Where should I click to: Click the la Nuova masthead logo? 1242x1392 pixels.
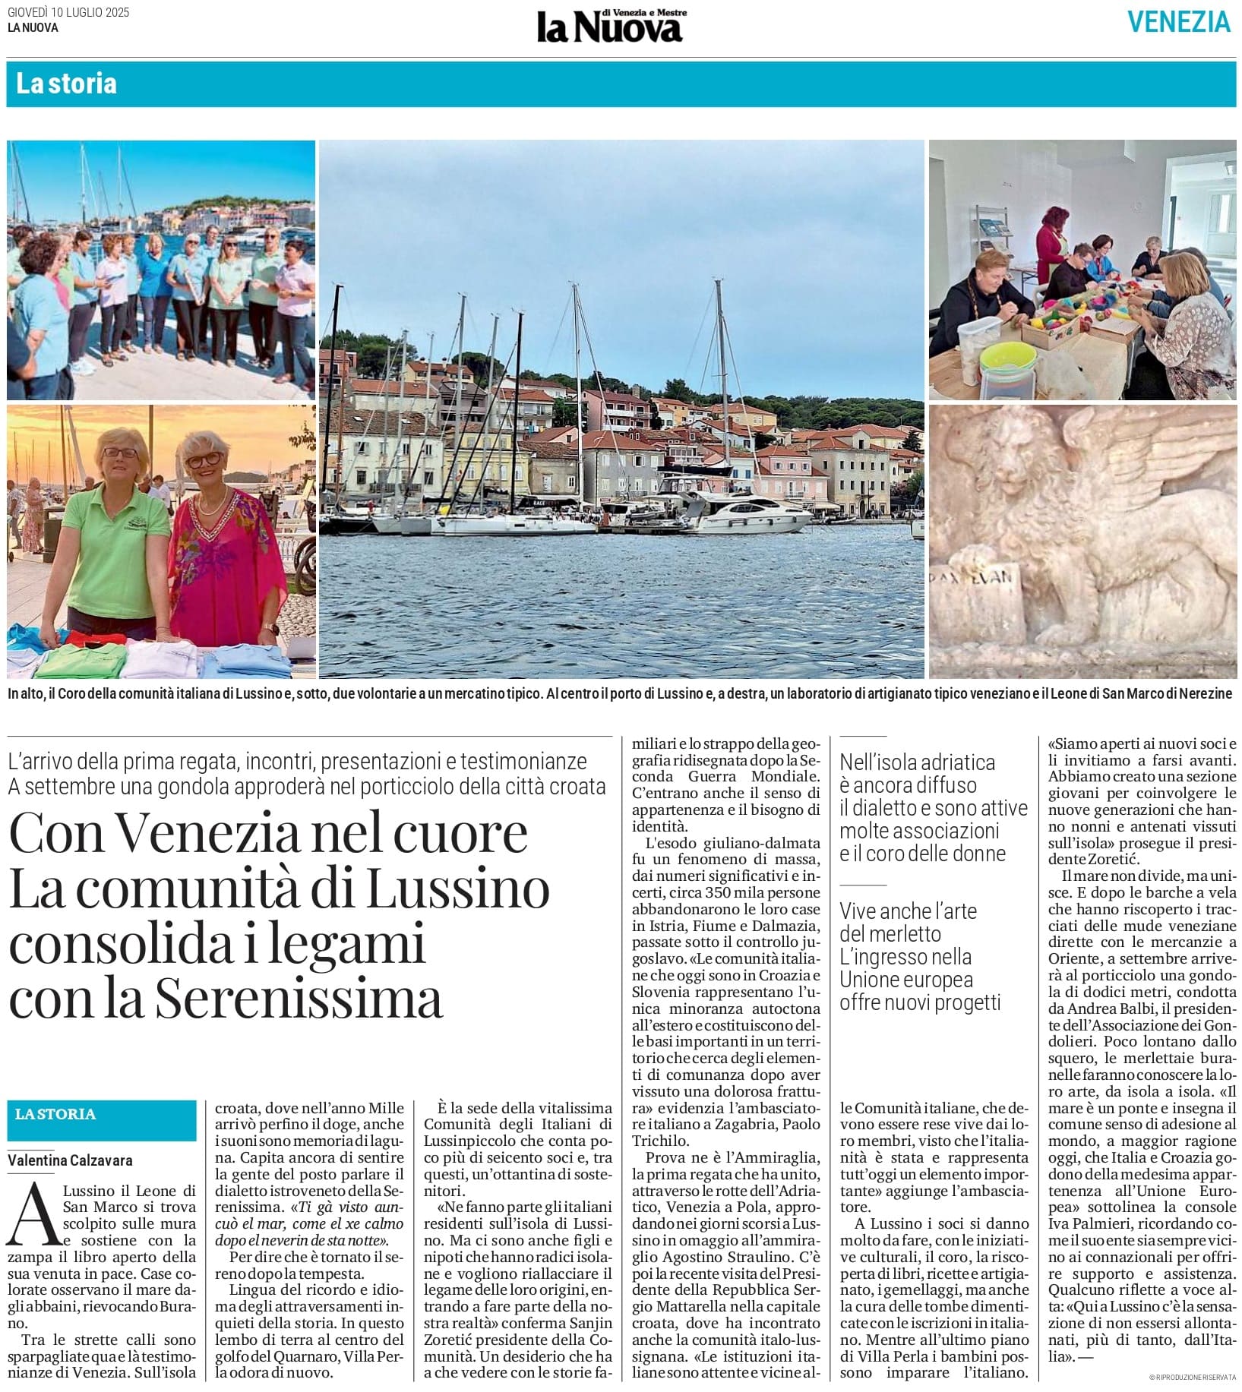coord(610,28)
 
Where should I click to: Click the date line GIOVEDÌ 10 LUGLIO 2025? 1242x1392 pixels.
coord(68,12)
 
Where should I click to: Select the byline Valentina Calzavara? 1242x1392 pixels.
coord(71,1160)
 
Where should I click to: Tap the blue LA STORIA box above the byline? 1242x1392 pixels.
coord(102,1114)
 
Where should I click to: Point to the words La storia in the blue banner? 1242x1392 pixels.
coord(67,84)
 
